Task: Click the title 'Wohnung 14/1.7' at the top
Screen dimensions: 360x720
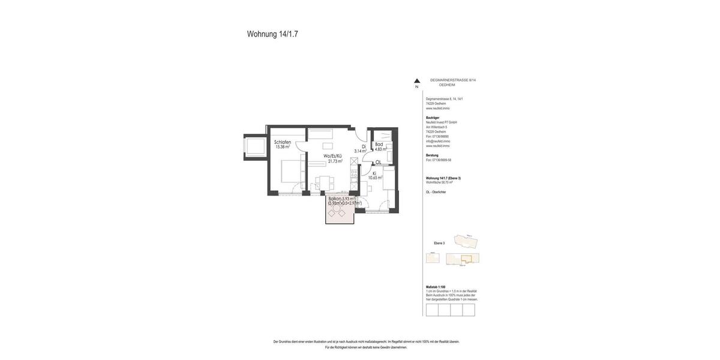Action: [x=272, y=34]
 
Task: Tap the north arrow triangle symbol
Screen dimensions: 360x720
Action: [x=417, y=81]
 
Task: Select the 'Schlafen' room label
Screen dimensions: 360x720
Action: [x=283, y=142]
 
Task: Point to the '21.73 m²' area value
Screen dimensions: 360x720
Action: [x=335, y=161]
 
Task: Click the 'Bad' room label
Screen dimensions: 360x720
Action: [x=379, y=145]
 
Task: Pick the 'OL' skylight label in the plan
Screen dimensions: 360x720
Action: [x=378, y=163]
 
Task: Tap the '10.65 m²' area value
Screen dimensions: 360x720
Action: [x=375, y=178]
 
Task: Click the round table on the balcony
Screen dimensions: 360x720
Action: [x=337, y=208]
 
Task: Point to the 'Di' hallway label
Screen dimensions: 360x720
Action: [x=364, y=146]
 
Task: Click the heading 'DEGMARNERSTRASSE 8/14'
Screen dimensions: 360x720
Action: [x=453, y=80]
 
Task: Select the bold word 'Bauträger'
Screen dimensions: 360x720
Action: [x=433, y=118]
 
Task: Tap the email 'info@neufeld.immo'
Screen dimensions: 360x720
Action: [x=438, y=141]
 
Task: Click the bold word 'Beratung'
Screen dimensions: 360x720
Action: [x=432, y=155]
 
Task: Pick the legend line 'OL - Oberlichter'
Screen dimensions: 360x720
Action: [x=436, y=192]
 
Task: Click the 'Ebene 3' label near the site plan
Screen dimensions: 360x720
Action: [x=439, y=243]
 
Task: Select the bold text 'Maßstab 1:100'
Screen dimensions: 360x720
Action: [x=436, y=287]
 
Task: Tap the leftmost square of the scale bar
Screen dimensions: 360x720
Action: [x=432, y=310]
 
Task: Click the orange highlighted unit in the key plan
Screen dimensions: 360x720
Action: [x=466, y=259]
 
